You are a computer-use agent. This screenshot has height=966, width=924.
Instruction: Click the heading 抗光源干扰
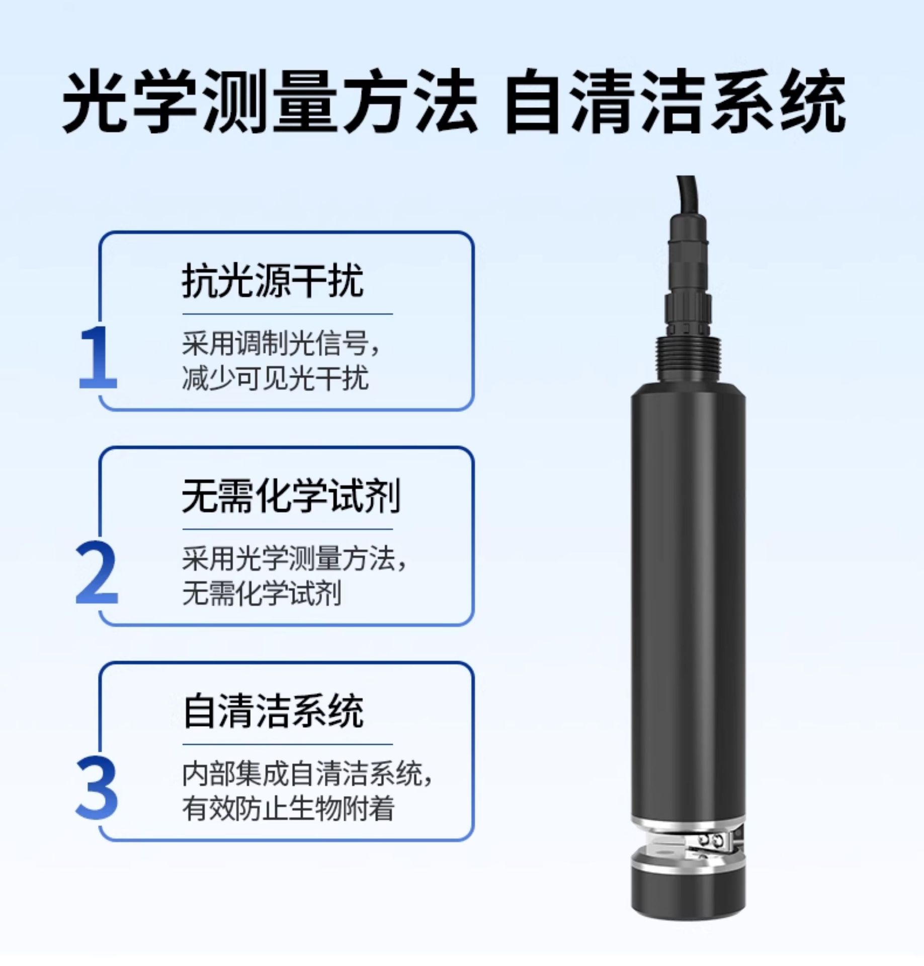pyautogui.click(x=273, y=281)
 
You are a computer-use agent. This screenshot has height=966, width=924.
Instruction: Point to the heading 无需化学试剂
pyautogui.click(x=291, y=496)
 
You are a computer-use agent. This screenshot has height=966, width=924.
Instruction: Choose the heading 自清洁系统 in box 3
pyautogui.click(x=273, y=711)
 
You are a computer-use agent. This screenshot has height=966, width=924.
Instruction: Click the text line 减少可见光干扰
pyautogui.click(x=275, y=377)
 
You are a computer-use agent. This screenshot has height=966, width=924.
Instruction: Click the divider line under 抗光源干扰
pyautogui.click(x=287, y=314)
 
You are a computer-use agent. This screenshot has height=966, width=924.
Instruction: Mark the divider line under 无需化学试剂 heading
pyautogui.click(x=287, y=529)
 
